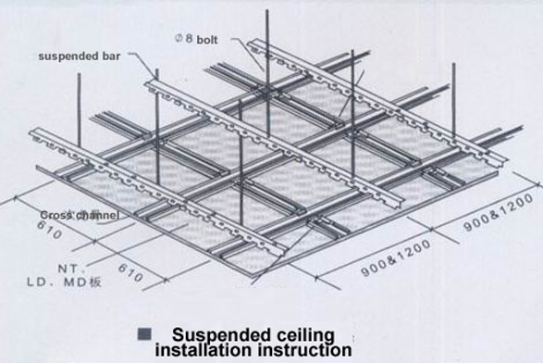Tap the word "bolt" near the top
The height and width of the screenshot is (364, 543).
coord(207,40)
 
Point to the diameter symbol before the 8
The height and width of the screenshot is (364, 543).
coord(179,38)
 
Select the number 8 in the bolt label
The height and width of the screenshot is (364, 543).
coord(189,38)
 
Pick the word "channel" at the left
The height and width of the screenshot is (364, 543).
coord(97,215)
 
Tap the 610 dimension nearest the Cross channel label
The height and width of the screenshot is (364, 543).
coord(50,230)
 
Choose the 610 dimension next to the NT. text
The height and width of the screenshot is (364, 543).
coord(130,272)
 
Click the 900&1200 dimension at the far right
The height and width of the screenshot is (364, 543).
coord(499,212)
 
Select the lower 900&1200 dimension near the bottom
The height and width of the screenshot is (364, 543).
coord(396,257)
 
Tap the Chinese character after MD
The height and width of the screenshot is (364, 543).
coord(95,282)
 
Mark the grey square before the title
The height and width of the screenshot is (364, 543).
coord(144,334)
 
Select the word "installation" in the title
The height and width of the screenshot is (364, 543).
coord(204,349)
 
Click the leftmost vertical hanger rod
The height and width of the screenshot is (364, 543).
coord(80,110)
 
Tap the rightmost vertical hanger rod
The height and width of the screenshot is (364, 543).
coord(453,103)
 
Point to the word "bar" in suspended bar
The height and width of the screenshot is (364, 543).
coord(111,56)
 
